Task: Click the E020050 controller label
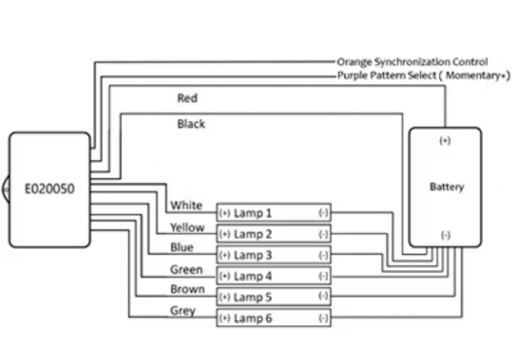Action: click(x=50, y=189)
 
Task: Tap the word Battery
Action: click(x=446, y=187)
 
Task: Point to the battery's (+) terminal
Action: click(x=445, y=141)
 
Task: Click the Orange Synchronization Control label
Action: click(x=412, y=62)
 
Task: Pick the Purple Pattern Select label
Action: click(x=424, y=76)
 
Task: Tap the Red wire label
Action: click(x=187, y=98)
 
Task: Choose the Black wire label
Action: click(x=191, y=124)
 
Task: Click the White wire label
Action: click(x=186, y=206)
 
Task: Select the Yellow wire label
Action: click(x=187, y=227)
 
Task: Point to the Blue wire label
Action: click(x=182, y=248)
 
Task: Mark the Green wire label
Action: click(x=186, y=269)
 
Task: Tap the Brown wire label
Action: click(x=187, y=289)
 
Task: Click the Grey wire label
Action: click(x=183, y=311)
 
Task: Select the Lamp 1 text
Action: click(x=252, y=213)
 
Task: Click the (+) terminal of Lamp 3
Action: click(x=224, y=255)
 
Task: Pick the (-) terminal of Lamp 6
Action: click(x=324, y=319)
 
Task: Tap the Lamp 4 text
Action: click(x=252, y=277)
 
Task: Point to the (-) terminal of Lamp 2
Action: click(x=324, y=234)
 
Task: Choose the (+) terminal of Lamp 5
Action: click(x=224, y=298)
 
